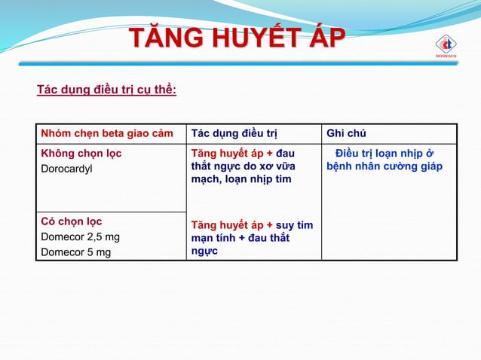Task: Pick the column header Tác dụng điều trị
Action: [234, 134]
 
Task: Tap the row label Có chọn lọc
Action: [71, 221]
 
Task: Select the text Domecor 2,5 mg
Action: [80, 236]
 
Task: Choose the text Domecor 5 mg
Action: [75, 252]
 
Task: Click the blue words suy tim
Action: [295, 225]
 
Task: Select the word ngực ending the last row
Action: [205, 252]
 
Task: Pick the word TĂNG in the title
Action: [161, 39]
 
